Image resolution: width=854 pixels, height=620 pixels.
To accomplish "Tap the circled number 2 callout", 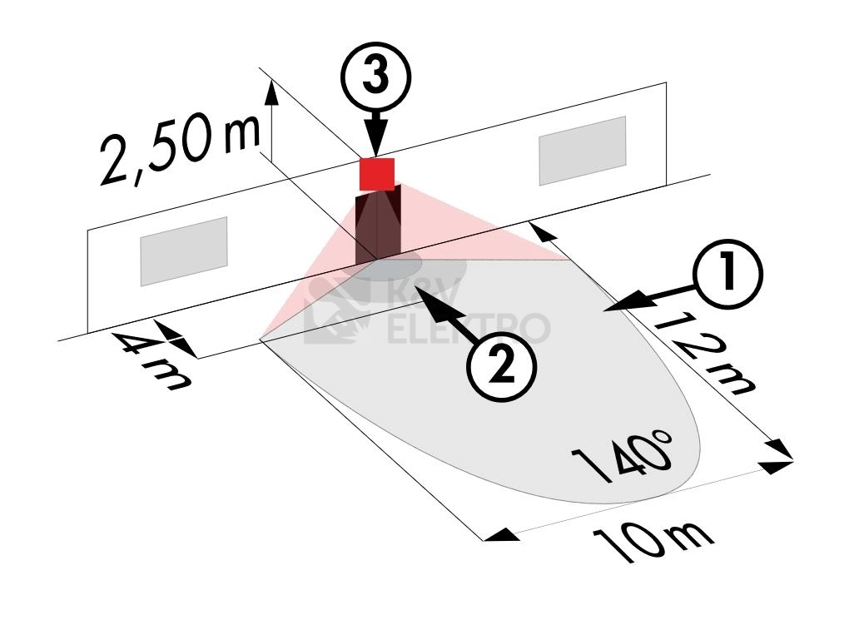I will tap(499, 368).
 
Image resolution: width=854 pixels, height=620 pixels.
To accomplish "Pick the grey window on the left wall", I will tap(183, 251).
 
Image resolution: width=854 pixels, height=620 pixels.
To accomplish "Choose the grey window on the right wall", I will tap(582, 150).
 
